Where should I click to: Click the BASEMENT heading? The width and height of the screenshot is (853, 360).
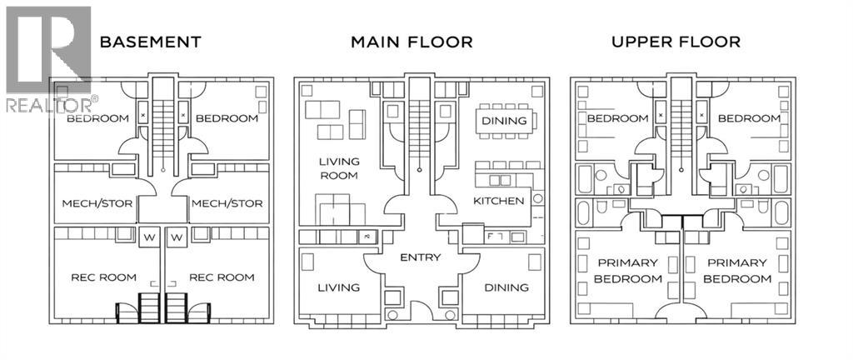pyautogui.click(x=150, y=41)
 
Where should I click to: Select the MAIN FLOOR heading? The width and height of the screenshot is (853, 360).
pyautogui.click(x=412, y=41)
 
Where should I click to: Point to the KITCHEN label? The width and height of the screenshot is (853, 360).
pyautogui.click(x=499, y=201)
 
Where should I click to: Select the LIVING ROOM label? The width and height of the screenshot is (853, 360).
pyautogui.click(x=338, y=168)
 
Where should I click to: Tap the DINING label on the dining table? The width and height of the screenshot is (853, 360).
pyautogui.click(x=505, y=121)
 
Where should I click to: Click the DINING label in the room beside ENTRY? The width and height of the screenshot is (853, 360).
pyautogui.click(x=506, y=287)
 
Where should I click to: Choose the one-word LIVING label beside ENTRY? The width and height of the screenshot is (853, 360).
pyautogui.click(x=338, y=287)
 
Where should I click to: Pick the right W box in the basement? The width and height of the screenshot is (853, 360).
pyautogui.click(x=176, y=238)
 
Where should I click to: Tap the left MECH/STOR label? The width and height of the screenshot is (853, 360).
pyautogui.click(x=93, y=203)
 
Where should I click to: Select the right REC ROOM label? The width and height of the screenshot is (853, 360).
pyautogui.click(x=222, y=277)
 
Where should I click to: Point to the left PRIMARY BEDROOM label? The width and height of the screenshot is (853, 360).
pyautogui.click(x=627, y=271)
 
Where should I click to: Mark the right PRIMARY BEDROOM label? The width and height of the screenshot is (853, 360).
pyautogui.click(x=736, y=271)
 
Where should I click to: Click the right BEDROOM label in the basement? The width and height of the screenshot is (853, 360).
pyautogui.click(x=227, y=118)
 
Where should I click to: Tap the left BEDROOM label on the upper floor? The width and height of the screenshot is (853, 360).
pyautogui.click(x=617, y=118)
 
